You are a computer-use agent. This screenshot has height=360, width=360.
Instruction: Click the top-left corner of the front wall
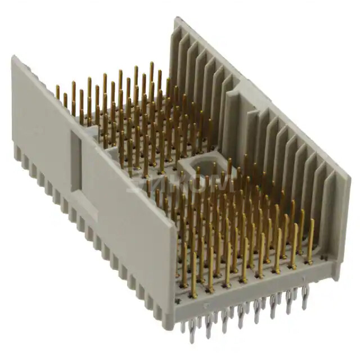(x=15, y=58)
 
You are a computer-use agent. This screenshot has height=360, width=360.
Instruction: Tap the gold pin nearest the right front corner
(x=310, y=247)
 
